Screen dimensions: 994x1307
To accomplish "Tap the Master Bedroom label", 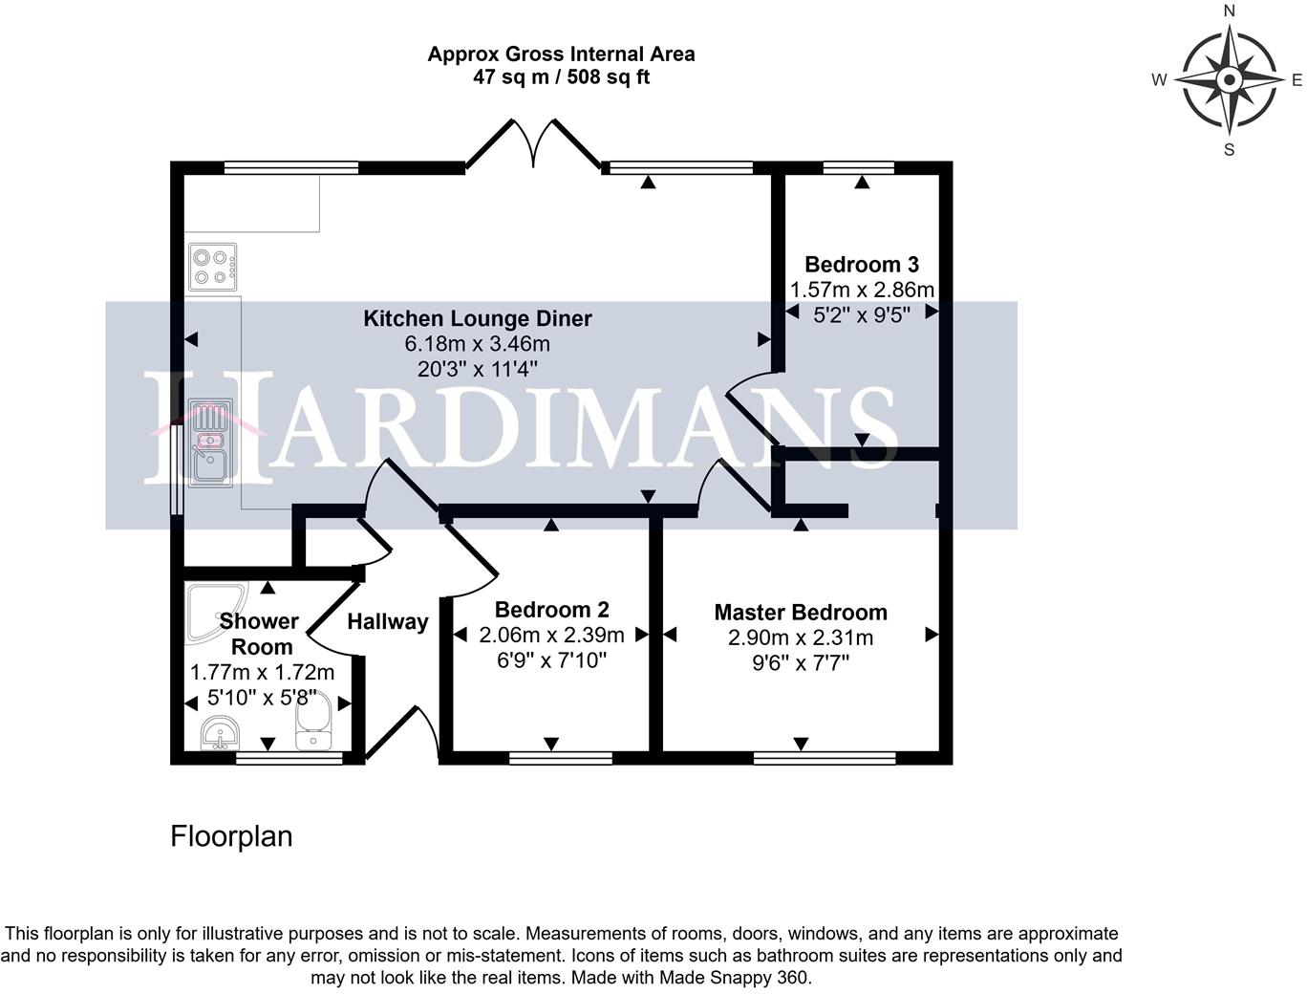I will [801, 613].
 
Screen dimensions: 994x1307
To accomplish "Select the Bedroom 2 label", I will [551, 610].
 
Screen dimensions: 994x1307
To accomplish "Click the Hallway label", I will [387, 622].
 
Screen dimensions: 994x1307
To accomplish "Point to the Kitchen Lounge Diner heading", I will [478, 319].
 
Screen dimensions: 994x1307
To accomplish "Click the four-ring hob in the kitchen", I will [213, 268].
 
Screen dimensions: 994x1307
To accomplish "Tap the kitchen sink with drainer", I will [210, 443].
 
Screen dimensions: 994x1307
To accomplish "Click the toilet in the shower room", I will [312, 723].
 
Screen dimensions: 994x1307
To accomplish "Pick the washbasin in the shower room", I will [222, 737].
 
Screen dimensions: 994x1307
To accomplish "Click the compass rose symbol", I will [1229, 79].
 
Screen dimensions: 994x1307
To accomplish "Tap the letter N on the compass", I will [1230, 11].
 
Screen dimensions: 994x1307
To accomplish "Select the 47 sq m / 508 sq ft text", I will [561, 77].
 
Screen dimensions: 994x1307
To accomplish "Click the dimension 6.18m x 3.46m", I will [477, 344].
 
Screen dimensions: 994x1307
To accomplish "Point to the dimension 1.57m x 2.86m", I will [862, 290].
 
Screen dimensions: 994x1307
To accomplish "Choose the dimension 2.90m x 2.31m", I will [801, 637].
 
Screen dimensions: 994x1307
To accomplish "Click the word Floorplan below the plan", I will [231, 836].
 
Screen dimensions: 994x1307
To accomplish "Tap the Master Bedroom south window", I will [825, 758].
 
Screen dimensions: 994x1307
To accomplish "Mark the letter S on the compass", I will [1230, 149].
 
